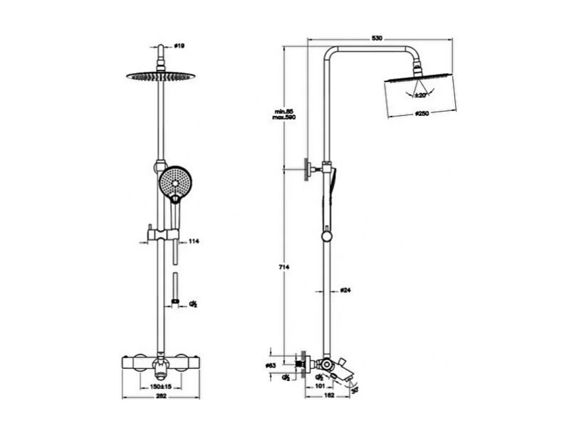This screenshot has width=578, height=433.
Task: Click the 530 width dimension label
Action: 376,38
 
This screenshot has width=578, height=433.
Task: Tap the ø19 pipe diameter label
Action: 179,47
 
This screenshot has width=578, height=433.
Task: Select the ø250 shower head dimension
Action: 422,113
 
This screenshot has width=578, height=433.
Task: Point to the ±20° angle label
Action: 420,95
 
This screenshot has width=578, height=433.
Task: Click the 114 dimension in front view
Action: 194,242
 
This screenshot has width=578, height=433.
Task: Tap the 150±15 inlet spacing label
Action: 160,386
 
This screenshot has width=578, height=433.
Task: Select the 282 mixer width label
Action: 160,396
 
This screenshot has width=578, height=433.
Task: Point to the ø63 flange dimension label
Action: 271,365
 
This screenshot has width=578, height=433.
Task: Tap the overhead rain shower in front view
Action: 160,77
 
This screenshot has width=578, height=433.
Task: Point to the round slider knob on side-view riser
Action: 327,237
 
